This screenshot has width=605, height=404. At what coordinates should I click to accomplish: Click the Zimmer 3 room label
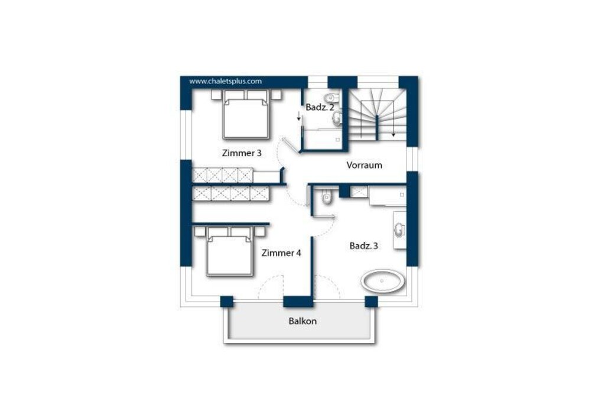tap(242, 153)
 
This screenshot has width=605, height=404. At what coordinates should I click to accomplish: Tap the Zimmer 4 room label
tap(281, 253)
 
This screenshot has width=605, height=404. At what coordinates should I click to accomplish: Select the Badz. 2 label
tap(320, 108)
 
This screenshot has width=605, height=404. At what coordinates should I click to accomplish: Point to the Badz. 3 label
tap(363, 245)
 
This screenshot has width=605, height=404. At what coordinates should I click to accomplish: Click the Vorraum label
tap(364, 165)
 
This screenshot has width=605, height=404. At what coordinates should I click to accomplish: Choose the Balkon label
tap(302, 321)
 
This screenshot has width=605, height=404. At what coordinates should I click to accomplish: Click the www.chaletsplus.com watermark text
tap(225, 82)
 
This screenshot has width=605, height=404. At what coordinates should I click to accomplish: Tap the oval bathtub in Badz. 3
tap(383, 281)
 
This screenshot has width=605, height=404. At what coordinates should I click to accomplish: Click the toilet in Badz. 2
tap(331, 97)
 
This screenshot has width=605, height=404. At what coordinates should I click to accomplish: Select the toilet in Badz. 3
tap(327, 198)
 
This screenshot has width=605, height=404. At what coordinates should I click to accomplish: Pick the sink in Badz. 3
tap(399, 230)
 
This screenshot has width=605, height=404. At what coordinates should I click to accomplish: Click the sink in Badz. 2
tap(337, 118)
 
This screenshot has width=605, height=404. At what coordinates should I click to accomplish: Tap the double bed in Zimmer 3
tap(246, 114)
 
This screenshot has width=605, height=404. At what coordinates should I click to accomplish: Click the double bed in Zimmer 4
tap(230, 251)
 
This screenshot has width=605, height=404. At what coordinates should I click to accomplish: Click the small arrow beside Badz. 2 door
tap(298, 116)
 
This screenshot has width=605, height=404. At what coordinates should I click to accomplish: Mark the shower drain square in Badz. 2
tap(337, 140)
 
